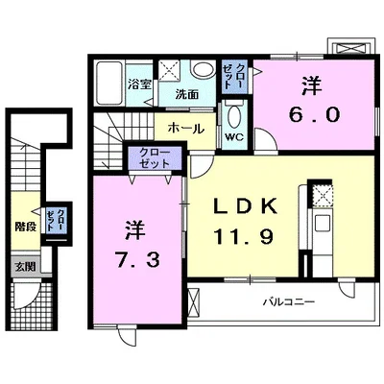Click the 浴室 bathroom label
coord(139,84)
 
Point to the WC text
coord(233,135)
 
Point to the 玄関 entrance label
coord(23,266)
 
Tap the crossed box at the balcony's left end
coord(197,300)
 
